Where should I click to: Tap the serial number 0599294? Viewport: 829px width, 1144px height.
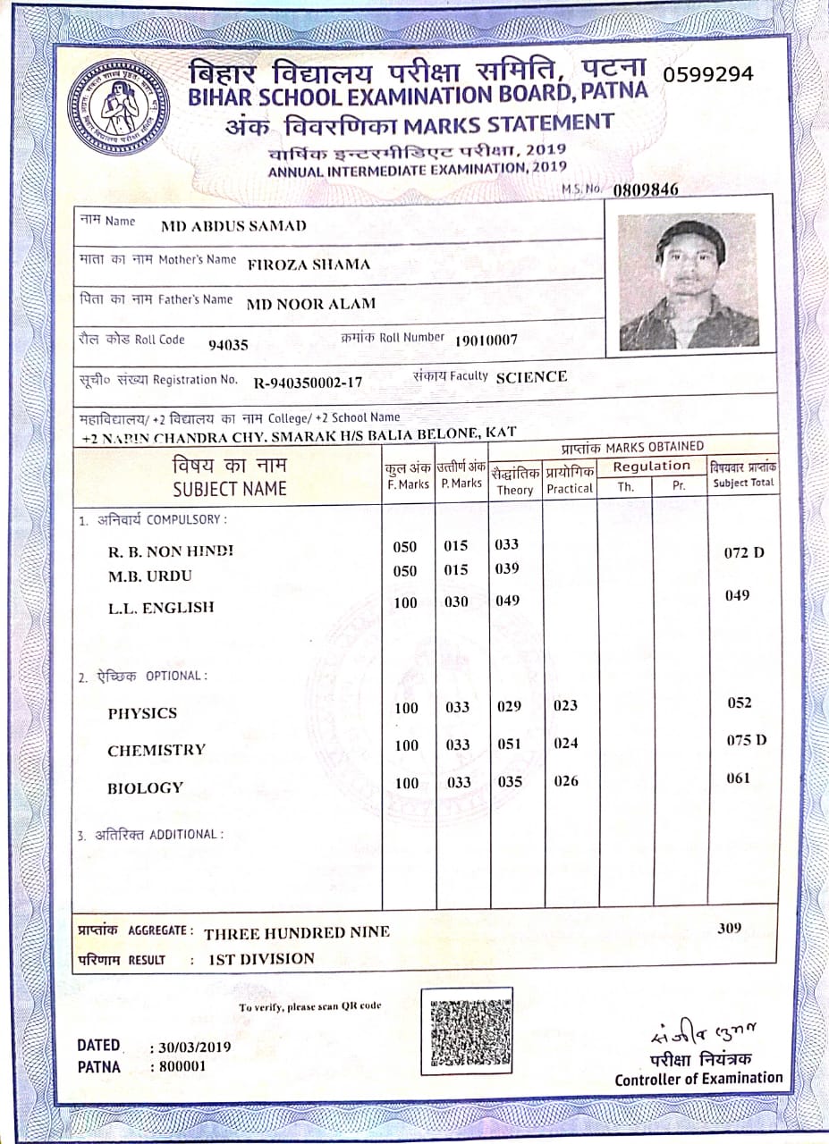click(x=708, y=74)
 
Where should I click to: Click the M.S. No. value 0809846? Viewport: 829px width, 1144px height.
click(x=646, y=189)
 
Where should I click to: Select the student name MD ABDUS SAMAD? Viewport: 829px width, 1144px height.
click(x=233, y=226)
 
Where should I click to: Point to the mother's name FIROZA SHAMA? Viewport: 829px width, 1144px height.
click(x=309, y=265)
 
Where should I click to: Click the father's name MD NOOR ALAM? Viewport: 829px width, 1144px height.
click(x=310, y=304)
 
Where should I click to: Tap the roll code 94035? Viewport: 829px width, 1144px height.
click(x=227, y=345)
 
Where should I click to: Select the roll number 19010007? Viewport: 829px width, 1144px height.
click(x=486, y=341)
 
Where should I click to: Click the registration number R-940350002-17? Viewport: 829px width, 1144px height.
click(x=308, y=383)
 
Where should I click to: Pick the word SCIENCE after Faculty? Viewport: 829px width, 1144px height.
click(x=531, y=377)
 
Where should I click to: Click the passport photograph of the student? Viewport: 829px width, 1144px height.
click(x=688, y=282)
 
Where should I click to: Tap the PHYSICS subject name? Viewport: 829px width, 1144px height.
click(x=142, y=713)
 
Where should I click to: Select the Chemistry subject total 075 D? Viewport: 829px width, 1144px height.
click(x=746, y=740)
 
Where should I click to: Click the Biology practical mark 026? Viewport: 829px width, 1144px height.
click(x=565, y=781)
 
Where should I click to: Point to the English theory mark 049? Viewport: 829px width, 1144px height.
click(x=507, y=601)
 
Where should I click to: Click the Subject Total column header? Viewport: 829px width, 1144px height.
click(x=743, y=475)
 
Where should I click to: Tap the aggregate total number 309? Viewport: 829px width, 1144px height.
click(x=729, y=928)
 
